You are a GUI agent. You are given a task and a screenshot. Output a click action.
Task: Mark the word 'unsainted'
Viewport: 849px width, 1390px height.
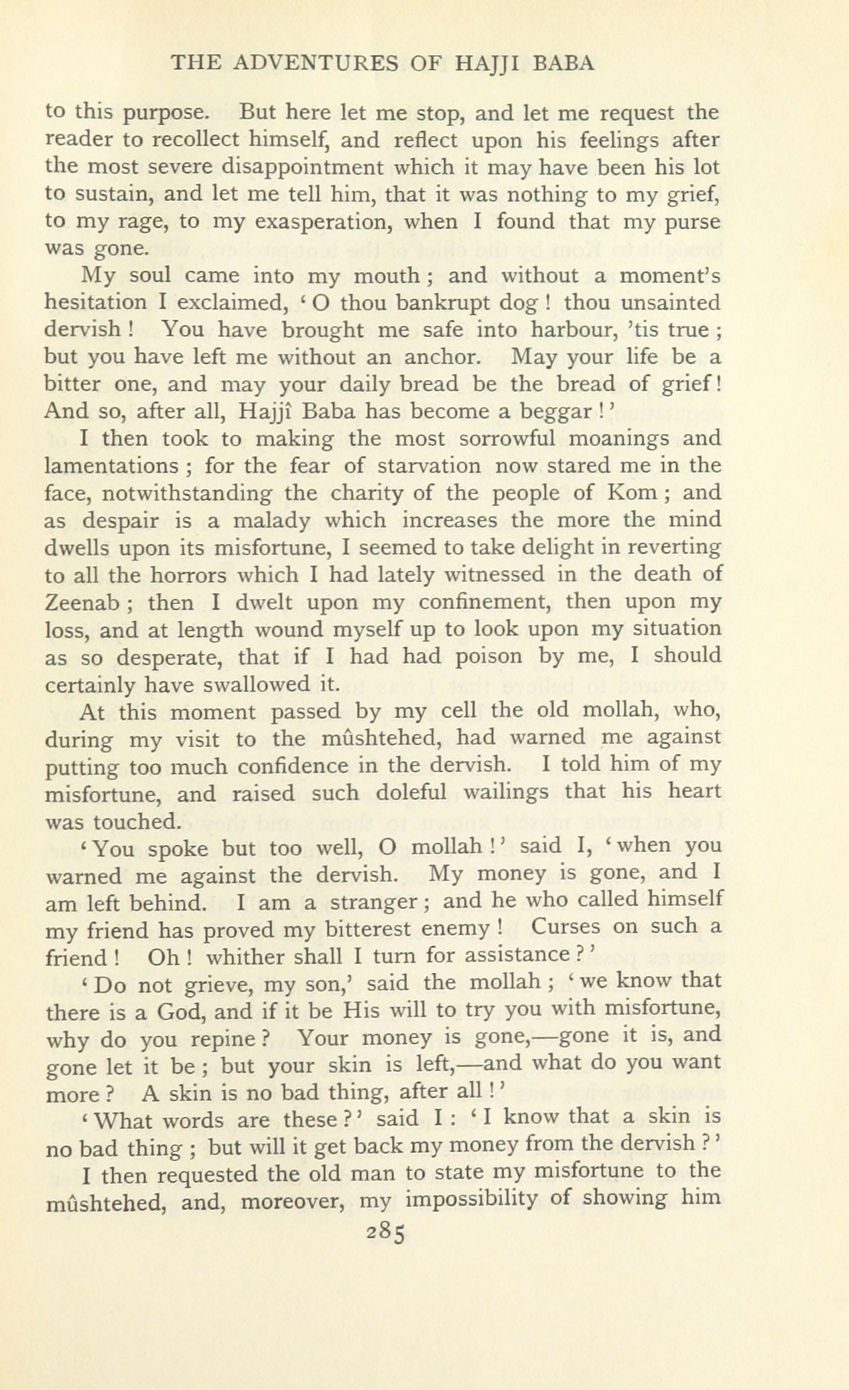click(671, 303)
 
